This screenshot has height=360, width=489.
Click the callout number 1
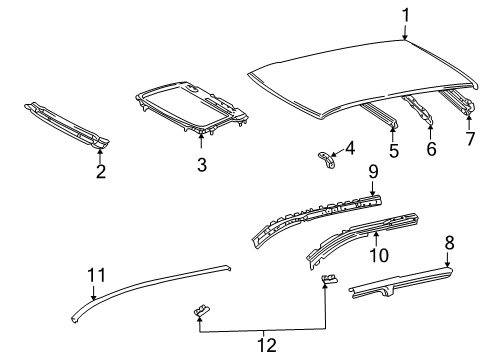point(406,16)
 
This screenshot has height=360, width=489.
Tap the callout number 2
point(101,171)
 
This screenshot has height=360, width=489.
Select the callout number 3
point(202,165)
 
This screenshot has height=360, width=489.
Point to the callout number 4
point(350,148)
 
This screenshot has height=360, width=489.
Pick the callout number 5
point(394,151)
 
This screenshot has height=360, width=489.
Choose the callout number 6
point(431,148)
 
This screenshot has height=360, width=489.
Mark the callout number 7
point(470,138)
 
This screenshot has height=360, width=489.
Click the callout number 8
point(450,243)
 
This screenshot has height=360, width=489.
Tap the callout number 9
point(373,172)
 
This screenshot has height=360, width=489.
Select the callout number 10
point(379,255)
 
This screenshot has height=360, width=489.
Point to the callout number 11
point(96,275)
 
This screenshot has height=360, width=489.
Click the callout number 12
point(267,345)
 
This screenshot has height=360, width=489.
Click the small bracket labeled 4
point(327,160)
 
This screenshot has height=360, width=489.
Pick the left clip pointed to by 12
point(202,310)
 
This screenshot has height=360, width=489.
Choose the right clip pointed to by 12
point(329,278)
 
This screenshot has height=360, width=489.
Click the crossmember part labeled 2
point(67,125)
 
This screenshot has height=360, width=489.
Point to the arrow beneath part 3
point(201,141)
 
